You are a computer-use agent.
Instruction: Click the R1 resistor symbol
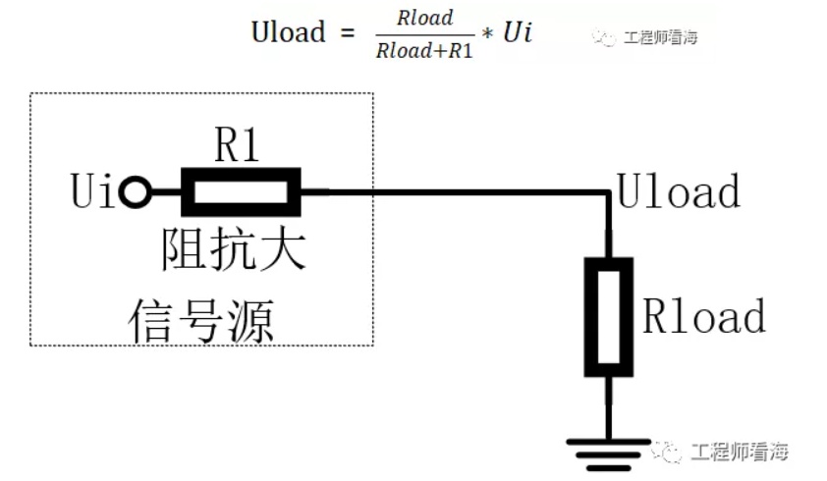click(x=241, y=192)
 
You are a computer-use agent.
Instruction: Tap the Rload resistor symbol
click(x=609, y=317)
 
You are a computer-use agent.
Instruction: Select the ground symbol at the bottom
click(x=609, y=454)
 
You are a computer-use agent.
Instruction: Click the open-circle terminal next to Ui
click(x=135, y=192)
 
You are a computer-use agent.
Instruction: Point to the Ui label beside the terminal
click(x=92, y=190)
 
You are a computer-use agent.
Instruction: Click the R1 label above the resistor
click(x=237, y=144)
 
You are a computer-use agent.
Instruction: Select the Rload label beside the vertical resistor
click(x=704, y=315)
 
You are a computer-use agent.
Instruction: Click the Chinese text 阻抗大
click(x=234, y=249)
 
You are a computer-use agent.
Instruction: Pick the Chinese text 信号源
click(x=201, y=320)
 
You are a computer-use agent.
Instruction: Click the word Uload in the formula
click(x=288, y=32)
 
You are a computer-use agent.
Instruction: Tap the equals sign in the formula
click(x=348, y=32)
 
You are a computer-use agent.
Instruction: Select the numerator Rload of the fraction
click(x=425, y=18)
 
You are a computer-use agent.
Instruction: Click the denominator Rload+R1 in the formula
click(x=424, y=51)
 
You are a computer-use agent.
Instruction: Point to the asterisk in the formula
click(x=488, y=34)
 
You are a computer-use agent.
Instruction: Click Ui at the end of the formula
click(x=518, y=31)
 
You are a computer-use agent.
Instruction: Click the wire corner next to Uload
click(x=609, y=192)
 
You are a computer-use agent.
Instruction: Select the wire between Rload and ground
click(x=609, y=407)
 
